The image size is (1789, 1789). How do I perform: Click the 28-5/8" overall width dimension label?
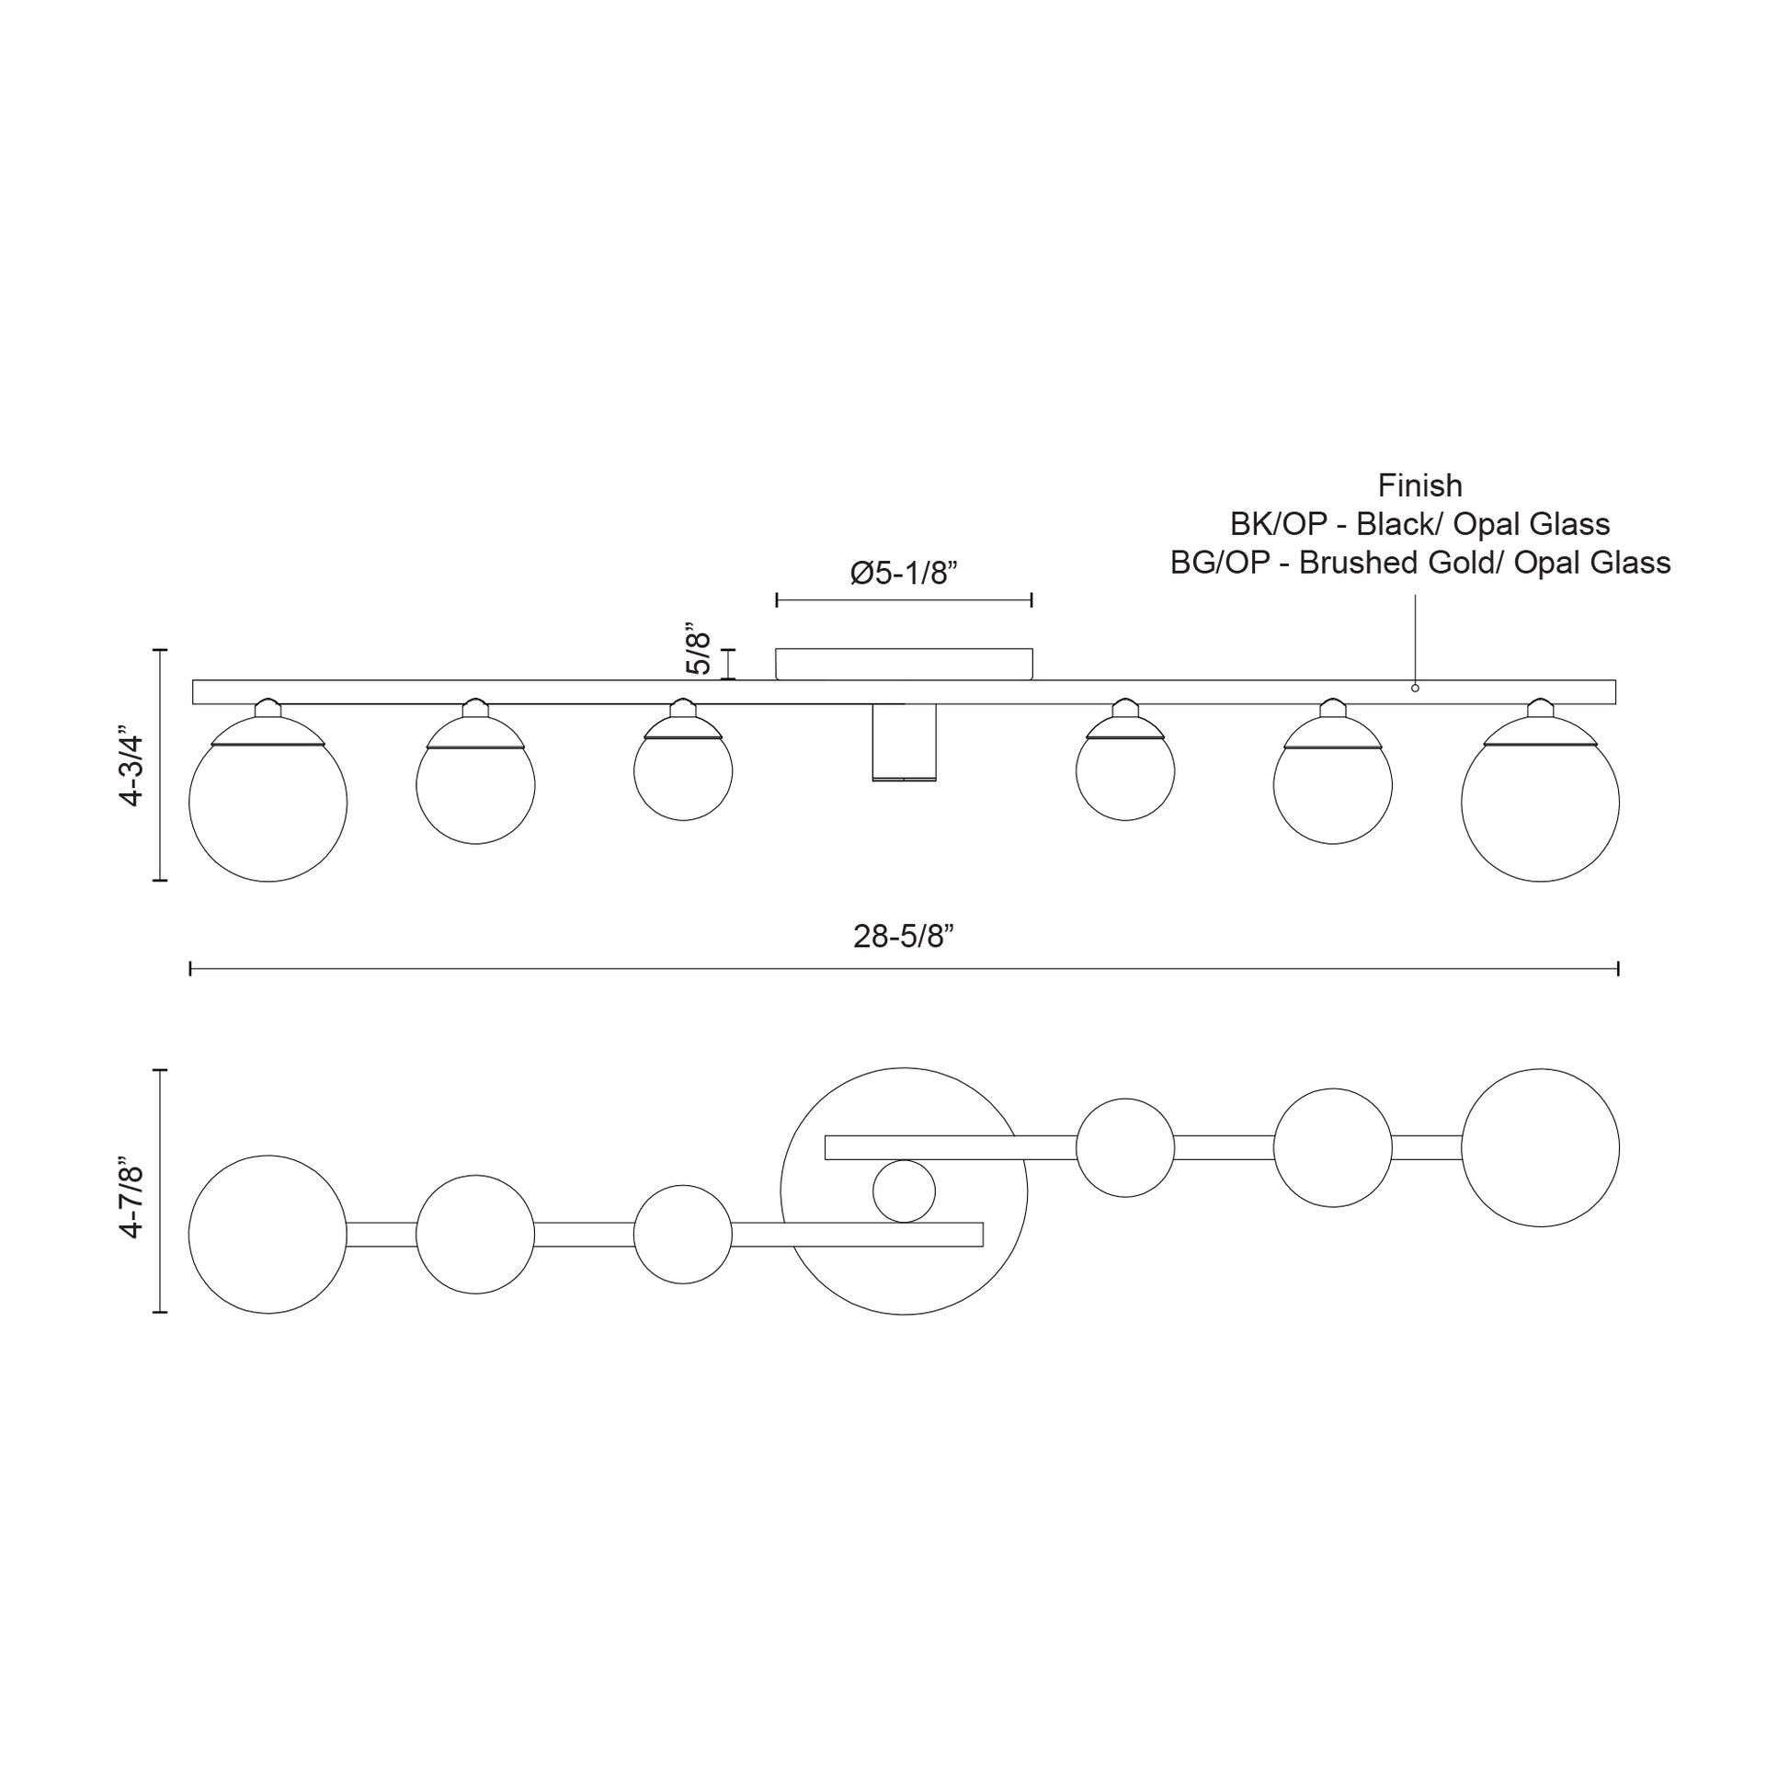pyautogui.click(x=903, y=937)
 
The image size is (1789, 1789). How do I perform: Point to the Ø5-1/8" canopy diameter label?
pyautogui.click(x=903, y=573)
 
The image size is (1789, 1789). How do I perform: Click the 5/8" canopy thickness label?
pyautogui.click(x=698, y=653)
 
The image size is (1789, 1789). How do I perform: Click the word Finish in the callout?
pyautogui.click(x=1419, y=485)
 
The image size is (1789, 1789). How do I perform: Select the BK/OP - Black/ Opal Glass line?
pyautogui.click(x=1419, y=524)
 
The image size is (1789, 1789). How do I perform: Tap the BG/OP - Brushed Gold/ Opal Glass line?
pyautogui.click(x=1419, y=562)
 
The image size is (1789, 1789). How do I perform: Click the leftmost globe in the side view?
pyautogui.click(x=268, y=803)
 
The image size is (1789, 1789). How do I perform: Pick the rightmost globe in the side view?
pyautogui.click(x=1540, y=803)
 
